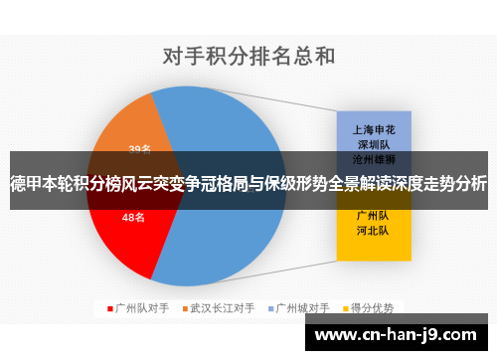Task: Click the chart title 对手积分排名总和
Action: point(248,56)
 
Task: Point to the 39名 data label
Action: point(140,150)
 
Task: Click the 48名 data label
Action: point(133,216)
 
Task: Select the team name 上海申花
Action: point(374,129)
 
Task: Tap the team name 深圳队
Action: point(374,143)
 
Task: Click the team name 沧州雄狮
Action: point(374,158)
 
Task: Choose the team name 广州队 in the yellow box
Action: point(374,215)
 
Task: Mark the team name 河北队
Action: point(374,230)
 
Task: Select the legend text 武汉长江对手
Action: point(223,308)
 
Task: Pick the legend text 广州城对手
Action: point(304,308)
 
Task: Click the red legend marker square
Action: point(110,308)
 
